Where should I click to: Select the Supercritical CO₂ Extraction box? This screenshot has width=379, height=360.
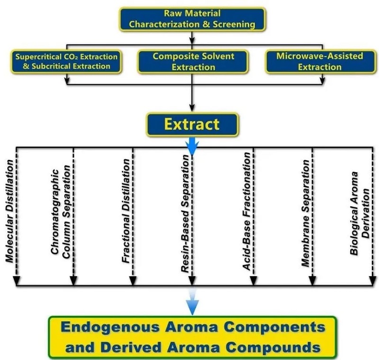(x=67, y=61)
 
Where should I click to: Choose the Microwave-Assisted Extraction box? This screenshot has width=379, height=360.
(x=319, y=61)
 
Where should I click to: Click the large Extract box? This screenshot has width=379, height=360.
(x=191, y=124)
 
